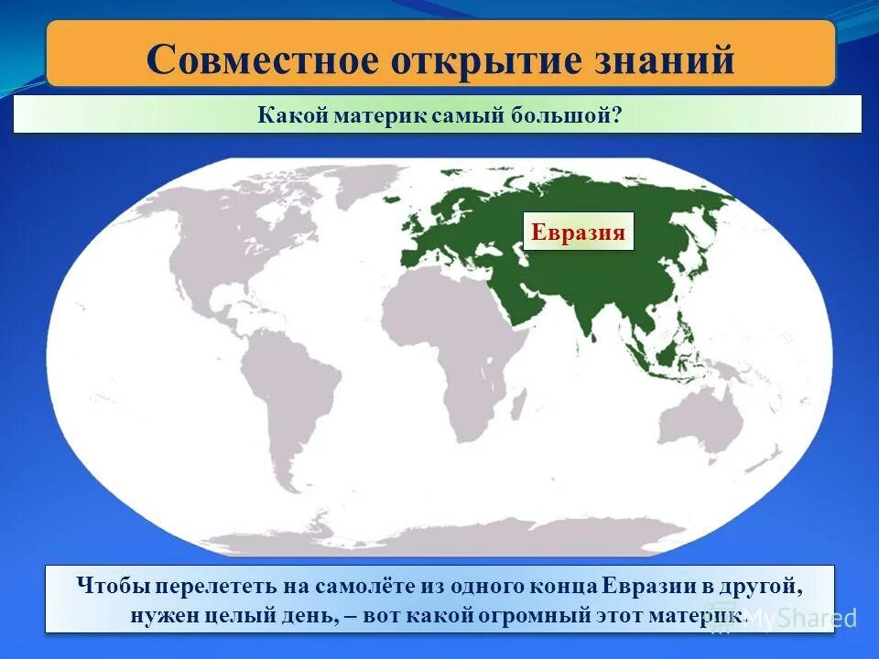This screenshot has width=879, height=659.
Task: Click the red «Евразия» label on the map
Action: pos(579,232)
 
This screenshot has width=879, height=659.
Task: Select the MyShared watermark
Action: pos(806,618)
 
